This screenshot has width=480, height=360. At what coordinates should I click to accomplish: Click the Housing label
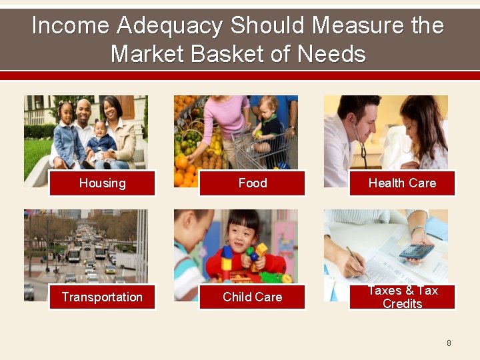tap(102, 183)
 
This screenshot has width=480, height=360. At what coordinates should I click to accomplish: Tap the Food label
tap(252, 183)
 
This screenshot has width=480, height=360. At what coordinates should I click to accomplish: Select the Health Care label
tap(402, 183)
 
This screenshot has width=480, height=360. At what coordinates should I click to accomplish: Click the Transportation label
tap(102, 297)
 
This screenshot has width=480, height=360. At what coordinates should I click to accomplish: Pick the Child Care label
tap(252, 297)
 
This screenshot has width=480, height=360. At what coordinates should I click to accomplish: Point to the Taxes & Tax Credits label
tap(402, 297)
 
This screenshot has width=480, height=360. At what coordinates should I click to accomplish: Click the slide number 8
tap(449, 343)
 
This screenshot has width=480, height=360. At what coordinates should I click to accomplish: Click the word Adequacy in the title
tap(169, 26)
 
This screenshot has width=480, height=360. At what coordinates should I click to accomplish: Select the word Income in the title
tap(70, 26)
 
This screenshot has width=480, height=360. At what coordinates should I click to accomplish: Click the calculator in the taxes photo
tap(415, 250)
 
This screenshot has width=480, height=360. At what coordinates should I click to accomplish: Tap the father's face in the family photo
tap(83, 111)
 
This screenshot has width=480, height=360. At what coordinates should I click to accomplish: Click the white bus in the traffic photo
tap(74, 255)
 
